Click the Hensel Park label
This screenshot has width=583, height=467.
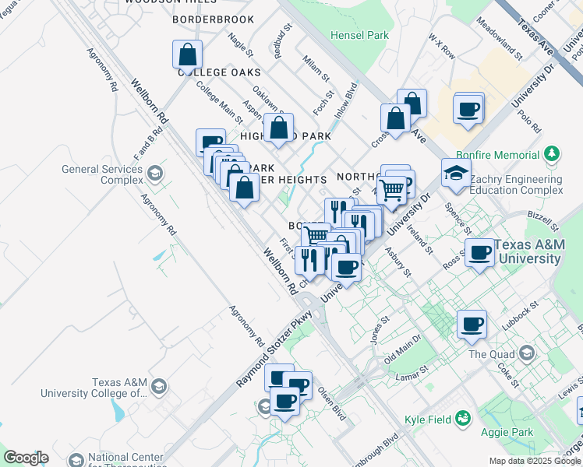(x=359, y=35)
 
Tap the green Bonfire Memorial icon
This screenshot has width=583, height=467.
(x=553, y=152)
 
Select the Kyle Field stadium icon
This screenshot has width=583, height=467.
(x=464, y=420)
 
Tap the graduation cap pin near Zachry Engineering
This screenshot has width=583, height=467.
(x=456, y=173)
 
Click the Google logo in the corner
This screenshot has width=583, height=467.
(x=26, y=458)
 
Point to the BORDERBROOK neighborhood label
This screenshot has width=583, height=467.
(x=214, y=18)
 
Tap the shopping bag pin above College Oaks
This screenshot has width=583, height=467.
(x=187, y=54)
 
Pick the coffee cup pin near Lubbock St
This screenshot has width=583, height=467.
(x=471, y=323)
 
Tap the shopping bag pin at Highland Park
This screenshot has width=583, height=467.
(x=279, y=128)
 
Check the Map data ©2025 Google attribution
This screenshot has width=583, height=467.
(x=534, y=461)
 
